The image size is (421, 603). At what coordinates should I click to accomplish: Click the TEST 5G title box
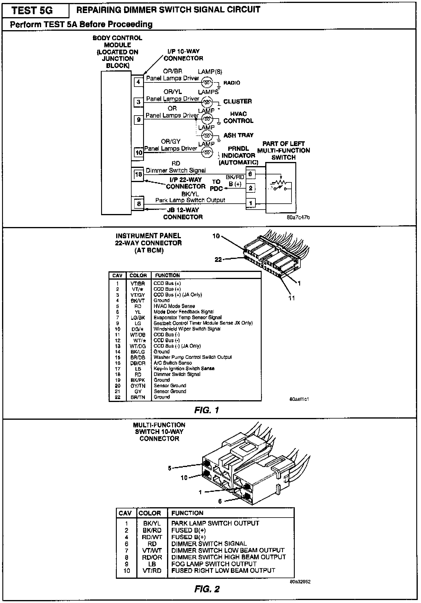pos(33,10)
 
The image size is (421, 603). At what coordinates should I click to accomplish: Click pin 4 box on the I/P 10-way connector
pos(138,82)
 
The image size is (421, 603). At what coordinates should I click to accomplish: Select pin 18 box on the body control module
pos(138,174)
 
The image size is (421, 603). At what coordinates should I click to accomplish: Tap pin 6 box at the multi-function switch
pos(250,174)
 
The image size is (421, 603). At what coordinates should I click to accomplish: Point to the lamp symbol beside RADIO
pos(207,82)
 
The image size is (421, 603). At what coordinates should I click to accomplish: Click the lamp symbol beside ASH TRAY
pos(207,136)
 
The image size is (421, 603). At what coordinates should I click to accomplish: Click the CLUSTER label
pos(237,101)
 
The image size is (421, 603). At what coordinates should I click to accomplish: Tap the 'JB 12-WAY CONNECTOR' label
pos(183,213)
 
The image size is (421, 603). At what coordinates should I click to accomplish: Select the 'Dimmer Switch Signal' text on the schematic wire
pos(176,170)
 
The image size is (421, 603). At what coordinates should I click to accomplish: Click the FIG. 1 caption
pos(207,410)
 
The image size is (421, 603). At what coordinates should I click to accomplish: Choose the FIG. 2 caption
pos(207,589)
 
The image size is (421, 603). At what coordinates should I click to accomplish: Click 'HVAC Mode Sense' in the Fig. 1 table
pos(174,306)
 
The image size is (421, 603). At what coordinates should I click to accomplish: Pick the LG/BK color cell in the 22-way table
pos(138,317)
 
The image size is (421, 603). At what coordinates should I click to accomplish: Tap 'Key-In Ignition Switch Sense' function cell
pos(184,369)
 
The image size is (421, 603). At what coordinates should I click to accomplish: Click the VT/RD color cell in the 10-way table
pos(152,570)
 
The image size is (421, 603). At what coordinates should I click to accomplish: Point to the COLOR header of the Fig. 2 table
pos(150,513)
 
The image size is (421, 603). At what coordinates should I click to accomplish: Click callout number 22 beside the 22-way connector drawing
pos(218,260)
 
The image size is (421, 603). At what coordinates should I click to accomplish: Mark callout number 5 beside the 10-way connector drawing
pos(170,468)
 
